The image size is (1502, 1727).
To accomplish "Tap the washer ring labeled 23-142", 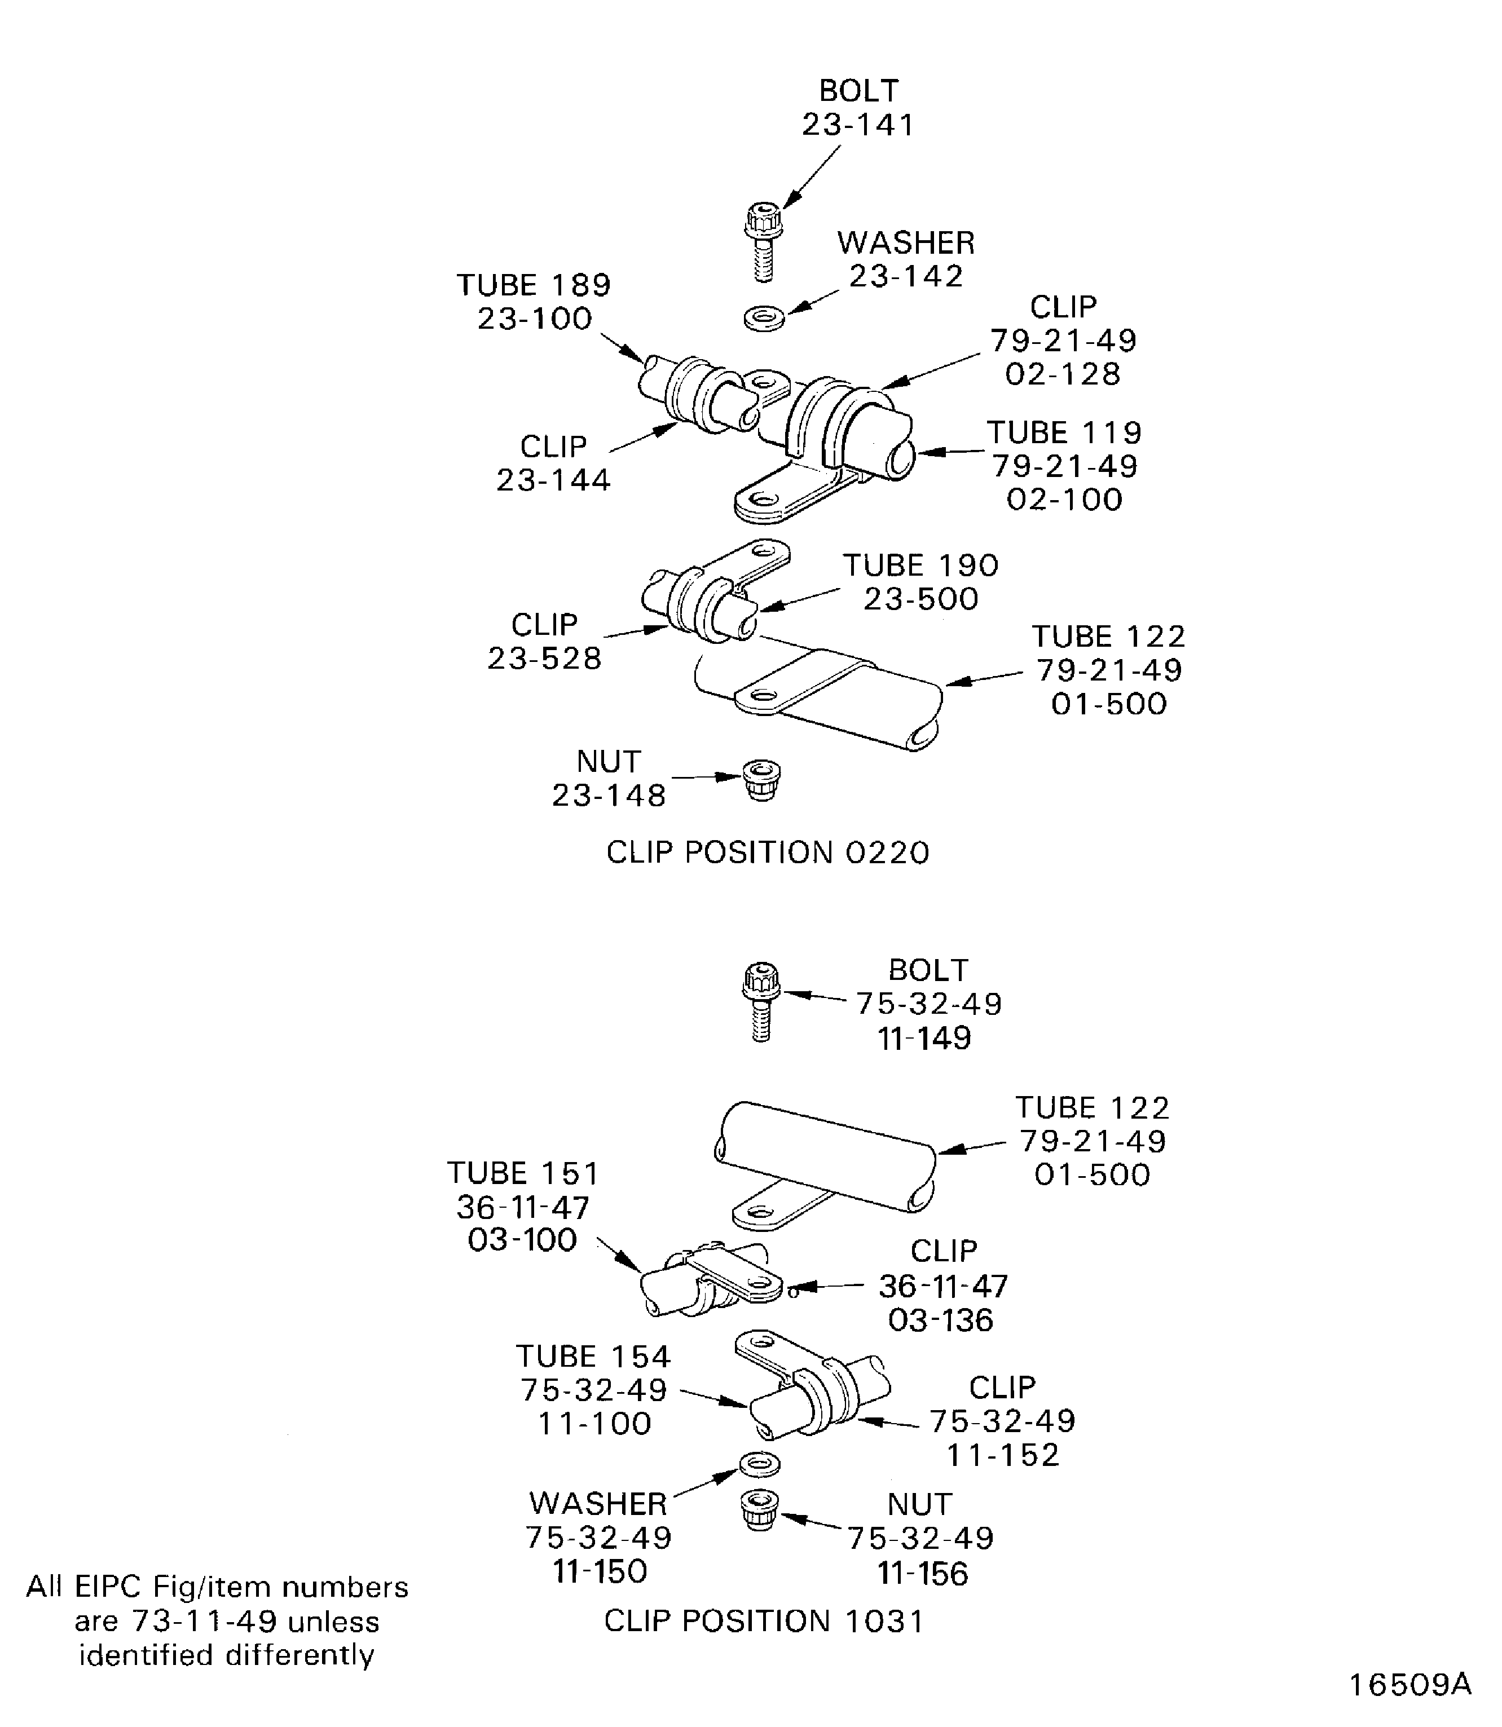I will [x=764, y=319].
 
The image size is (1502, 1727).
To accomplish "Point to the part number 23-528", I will [x=545, y=658].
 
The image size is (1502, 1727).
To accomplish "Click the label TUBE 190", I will [x=920, y=565].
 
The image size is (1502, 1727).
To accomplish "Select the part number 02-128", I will [x=1063, y=374].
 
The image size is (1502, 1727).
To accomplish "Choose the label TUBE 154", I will [x=593, y=1356].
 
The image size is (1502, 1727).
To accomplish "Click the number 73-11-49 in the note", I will [x=205, y=1622].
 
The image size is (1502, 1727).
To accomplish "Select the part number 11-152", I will [x=1003, y=1455].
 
